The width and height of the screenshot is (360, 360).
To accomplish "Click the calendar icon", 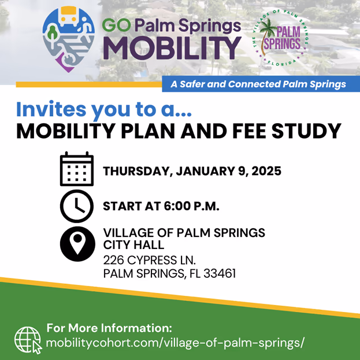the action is coord(77,169).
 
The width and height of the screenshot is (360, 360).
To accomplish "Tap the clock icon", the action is coord(77,206).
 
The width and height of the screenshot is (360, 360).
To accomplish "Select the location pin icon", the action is coord(77,244).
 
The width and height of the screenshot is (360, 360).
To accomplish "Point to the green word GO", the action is coord(116,25).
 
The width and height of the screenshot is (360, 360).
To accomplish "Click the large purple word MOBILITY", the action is coord(172,49).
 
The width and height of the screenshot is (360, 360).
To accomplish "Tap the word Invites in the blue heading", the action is coord(51,109).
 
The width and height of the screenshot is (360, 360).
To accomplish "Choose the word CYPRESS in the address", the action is coord(151,260).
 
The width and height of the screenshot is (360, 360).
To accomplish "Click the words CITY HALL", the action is coord(133,245).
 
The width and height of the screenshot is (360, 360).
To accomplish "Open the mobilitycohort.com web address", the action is coord(175,343).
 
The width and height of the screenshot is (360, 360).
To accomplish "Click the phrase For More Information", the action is coord(109,328).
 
